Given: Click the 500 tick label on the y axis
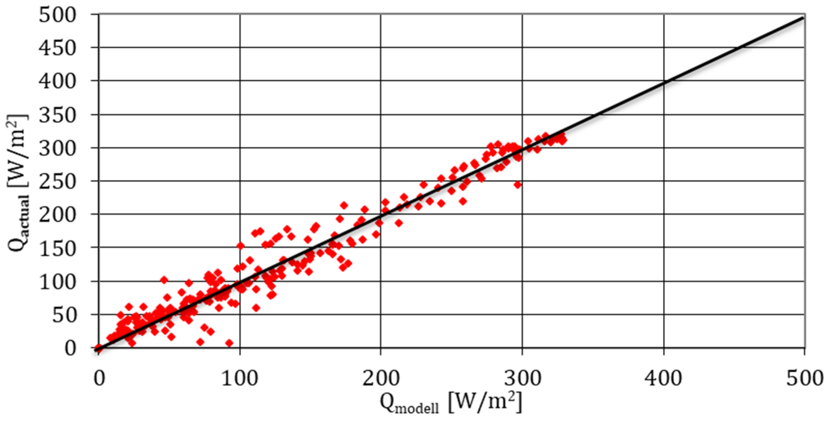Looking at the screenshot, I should (58, 15).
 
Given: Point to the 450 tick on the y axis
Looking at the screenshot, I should (58, 49).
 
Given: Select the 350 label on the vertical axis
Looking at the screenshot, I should (58, 116).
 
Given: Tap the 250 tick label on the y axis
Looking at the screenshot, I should (58, 182).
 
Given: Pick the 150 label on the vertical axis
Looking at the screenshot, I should (58, 249).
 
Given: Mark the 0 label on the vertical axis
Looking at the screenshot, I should (70, 349).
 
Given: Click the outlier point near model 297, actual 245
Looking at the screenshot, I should (518, 185).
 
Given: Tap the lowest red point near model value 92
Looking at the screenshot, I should (229, 343).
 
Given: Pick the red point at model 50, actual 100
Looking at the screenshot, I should (164, 280).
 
